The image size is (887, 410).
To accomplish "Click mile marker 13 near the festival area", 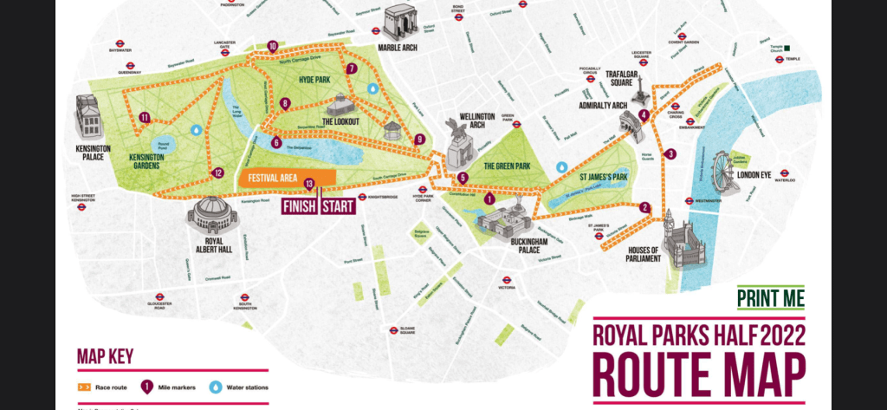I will point(309,183).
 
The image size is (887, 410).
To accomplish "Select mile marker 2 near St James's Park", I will point(644,207).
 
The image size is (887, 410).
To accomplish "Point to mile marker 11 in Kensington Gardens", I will point(144,118).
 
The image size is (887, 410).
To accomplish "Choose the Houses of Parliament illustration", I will point(683,238).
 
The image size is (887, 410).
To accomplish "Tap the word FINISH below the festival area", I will point(299,206).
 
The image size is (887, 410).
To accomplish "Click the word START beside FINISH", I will point(339,206).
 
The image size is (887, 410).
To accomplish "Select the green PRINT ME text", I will point(770,299).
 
